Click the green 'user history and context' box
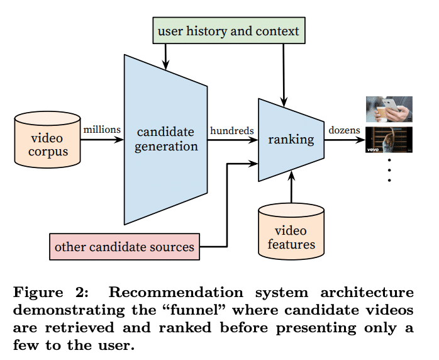pyautogui.click(x=229, y=30)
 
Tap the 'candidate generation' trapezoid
pyautogui.click(x=167, y=139)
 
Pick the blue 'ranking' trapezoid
pyautogui.click(x=291, y=140)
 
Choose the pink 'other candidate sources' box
pyautogui.click(x=125, y=246)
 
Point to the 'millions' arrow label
pyautogui.click(x=102, y=130)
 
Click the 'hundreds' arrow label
pyautogui.click(x=232, y=131)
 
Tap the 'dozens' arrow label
pyautogui.click(x=344, y=130)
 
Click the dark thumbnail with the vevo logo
pyautogui.click(x=389, y=140)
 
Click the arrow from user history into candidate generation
pyautogui.click(x=166, y=57)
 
